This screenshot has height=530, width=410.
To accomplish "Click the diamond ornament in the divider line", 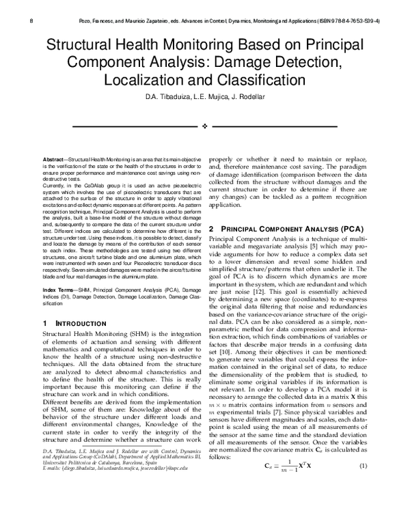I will click(204, 127).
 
